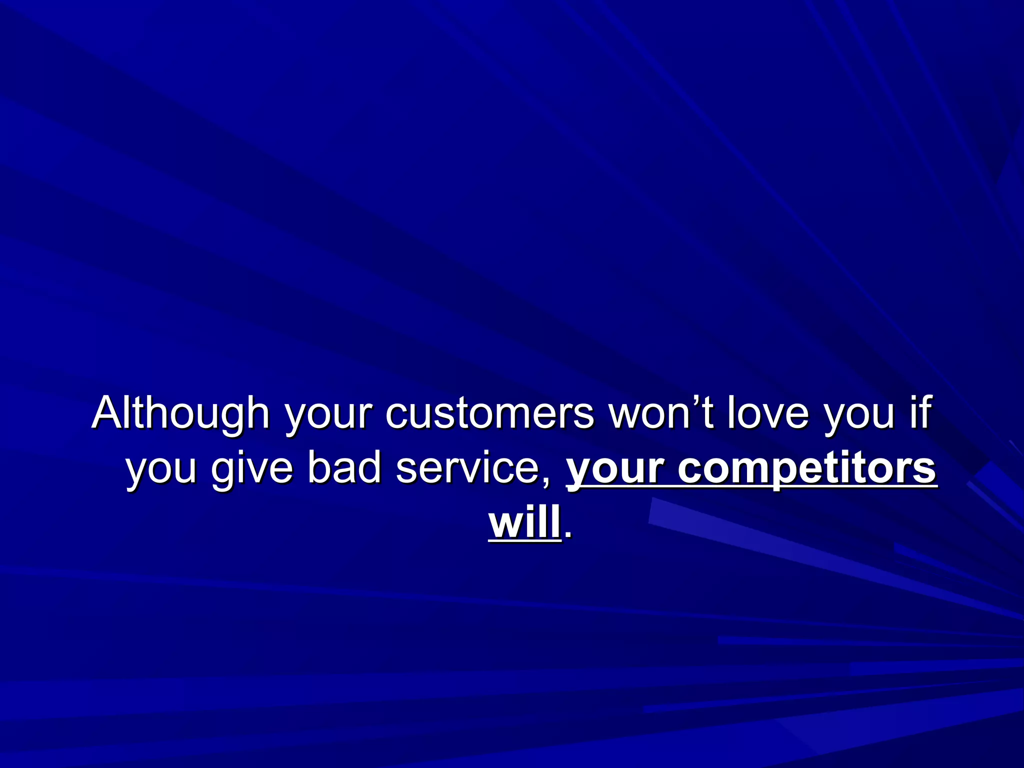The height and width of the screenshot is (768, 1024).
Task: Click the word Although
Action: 180,413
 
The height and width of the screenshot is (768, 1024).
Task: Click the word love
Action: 767,413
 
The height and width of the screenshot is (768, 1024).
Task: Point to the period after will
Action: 567,537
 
